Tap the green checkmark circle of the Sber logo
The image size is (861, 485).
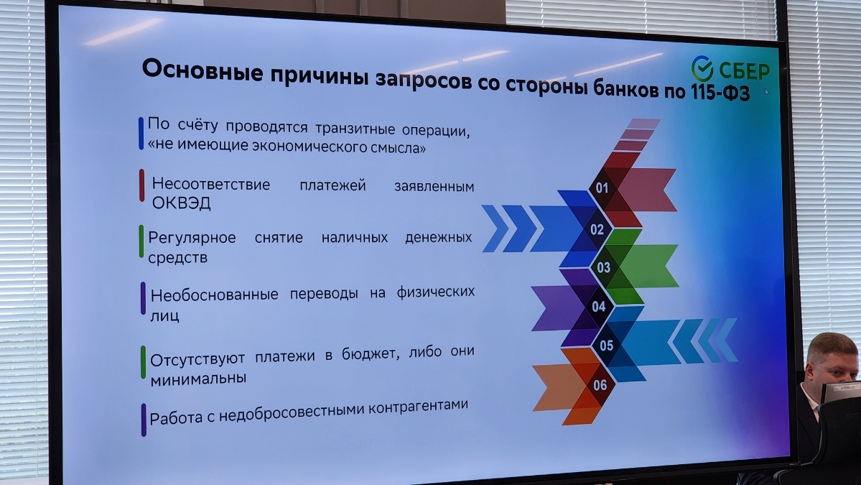click(x=702, y=69)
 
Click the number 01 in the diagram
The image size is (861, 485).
click(x=602, y=189)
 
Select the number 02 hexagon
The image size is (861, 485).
click(x=597, y=230)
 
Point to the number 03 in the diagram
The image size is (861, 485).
click(x=603, y=268)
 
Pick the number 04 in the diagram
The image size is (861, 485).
click(x=598, y=307)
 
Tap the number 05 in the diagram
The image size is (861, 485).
click(x=607, y=346)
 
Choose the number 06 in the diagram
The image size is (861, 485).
click(x=600, y=385)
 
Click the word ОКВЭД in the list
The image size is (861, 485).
click(x=181, y=203)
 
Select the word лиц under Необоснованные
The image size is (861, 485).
click(x=164, y=315)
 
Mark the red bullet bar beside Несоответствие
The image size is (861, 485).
click(x=142, y=185)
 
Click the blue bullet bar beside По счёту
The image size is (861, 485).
click(x=141, y=133)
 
